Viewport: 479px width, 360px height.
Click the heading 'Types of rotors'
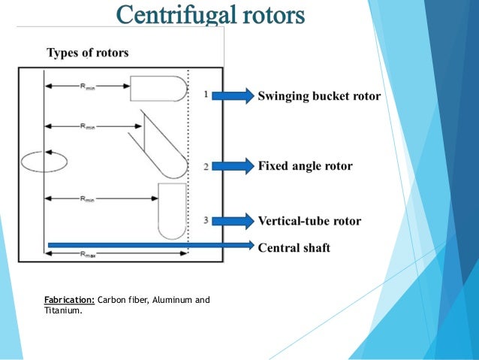point(87,53)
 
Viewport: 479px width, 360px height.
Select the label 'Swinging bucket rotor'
point(319,96)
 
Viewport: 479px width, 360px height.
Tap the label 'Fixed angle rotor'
point(305,165)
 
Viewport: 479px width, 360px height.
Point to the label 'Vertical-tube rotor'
point(309,221)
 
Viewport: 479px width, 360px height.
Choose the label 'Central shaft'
point(294,247)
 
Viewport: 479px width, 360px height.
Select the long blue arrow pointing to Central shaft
point(150,245)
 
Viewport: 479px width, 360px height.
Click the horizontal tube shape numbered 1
point(158,88)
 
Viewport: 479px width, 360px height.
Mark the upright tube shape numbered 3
point(172,210)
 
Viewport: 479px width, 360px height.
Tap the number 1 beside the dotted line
point(206,94)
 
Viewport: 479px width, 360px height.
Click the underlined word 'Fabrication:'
point(69,301)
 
